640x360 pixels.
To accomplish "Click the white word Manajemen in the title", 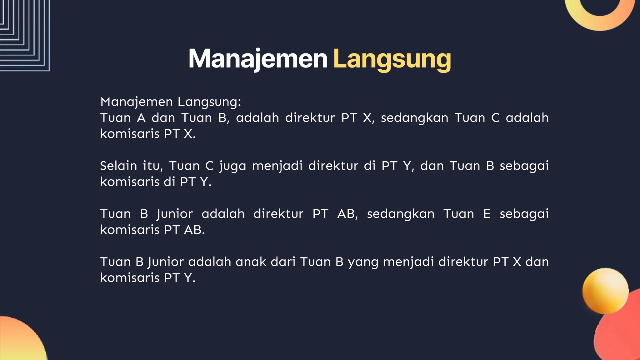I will [x=258, y=59].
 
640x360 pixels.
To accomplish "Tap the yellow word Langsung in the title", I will [x=392, y=59].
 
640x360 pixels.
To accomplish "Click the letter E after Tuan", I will [x=487, y=214].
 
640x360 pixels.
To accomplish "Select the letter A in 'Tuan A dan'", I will [x=141, y=118].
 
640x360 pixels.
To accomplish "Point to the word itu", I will [x=153, y=166].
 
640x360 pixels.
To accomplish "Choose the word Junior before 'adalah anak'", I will [x=166, y=262].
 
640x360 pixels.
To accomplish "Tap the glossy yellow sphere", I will [x=605, y=291].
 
